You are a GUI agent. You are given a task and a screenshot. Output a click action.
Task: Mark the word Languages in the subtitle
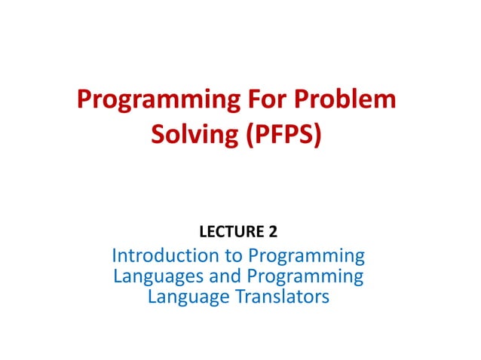(x=158, y=277)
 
